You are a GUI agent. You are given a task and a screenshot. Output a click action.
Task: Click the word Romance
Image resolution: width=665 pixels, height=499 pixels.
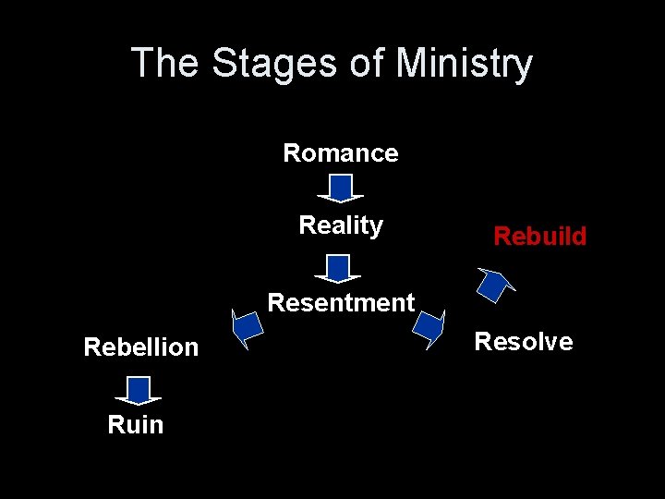(341, 153)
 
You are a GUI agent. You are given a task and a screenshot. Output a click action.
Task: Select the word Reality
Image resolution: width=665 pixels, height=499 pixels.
(341, 225)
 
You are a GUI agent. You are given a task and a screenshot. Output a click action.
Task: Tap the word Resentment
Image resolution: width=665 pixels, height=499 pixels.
(341, 303)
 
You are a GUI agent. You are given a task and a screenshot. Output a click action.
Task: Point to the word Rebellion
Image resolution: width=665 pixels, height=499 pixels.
(140, 347)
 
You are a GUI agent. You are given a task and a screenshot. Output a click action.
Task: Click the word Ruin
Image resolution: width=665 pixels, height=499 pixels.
(135, 425)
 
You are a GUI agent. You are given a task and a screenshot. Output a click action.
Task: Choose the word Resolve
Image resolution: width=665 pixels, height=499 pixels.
(523, 342)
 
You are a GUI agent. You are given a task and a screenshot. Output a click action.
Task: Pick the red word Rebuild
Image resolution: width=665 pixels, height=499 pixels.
(539, 237)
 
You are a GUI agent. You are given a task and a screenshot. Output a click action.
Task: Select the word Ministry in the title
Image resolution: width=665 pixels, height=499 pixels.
(465, 64)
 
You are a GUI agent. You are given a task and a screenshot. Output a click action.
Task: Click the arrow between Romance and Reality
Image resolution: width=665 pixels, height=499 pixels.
(341, 189)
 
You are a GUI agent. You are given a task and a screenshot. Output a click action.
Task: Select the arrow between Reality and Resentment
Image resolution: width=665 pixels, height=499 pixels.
(338, 268)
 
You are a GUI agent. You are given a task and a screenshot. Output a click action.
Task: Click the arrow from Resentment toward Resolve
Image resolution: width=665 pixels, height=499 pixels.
(429, 328)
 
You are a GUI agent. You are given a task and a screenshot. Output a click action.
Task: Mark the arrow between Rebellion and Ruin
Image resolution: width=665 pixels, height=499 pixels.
(139, 390)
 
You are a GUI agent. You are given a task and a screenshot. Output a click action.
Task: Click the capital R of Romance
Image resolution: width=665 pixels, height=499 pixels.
(291, 153)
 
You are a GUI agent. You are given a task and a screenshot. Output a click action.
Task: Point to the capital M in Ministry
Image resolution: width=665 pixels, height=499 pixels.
(411, 64)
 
